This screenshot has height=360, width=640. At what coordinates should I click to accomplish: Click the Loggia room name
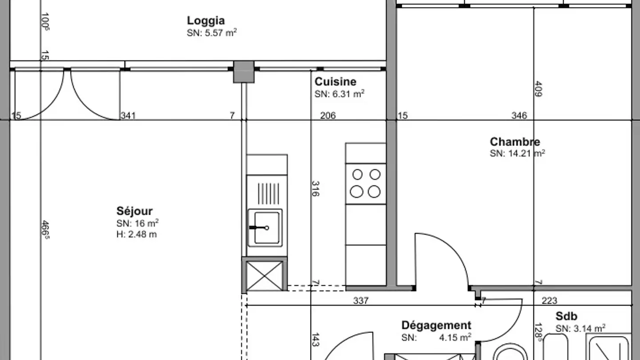(206, 21)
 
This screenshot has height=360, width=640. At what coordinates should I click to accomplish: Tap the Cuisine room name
(336, 82)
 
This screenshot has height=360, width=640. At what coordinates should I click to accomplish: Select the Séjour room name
(134, 211)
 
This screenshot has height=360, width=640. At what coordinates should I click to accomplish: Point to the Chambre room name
(515, 142)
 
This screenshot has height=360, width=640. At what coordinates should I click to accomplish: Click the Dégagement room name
(436, 325)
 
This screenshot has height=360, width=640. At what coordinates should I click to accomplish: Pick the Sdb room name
(566, 316)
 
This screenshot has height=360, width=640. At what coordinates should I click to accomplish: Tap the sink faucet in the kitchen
(259, 228)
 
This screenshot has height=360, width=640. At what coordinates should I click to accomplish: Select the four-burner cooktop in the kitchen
(366, 184)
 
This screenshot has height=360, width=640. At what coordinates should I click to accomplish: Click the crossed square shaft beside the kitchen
(264, 276)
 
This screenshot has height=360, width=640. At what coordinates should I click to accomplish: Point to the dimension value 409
(538, 89)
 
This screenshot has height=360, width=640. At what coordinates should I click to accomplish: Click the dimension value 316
(315, 188)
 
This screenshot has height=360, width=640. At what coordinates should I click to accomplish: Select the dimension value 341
(128, 116)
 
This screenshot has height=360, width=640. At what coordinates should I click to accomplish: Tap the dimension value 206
(328, 116)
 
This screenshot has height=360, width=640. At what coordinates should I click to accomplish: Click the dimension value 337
(361, 300)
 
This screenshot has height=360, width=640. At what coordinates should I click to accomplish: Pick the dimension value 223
(549, 300)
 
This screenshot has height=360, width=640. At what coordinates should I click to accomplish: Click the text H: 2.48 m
(136, 234)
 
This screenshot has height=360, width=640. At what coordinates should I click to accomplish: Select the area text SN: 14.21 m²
(517, 153)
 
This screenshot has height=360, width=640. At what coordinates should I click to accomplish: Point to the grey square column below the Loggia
(244, 72)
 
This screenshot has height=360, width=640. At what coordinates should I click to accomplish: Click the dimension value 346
(519, 116)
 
